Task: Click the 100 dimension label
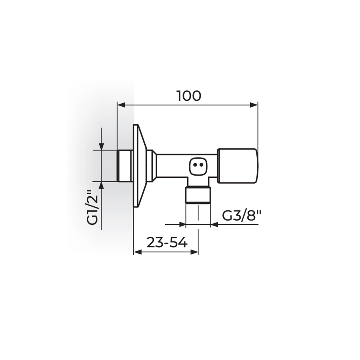[189, 96]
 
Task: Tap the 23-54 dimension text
[167, 242]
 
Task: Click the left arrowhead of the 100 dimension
[121, 105]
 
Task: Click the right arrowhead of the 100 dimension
[254, 105]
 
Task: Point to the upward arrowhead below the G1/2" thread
[102, 185]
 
